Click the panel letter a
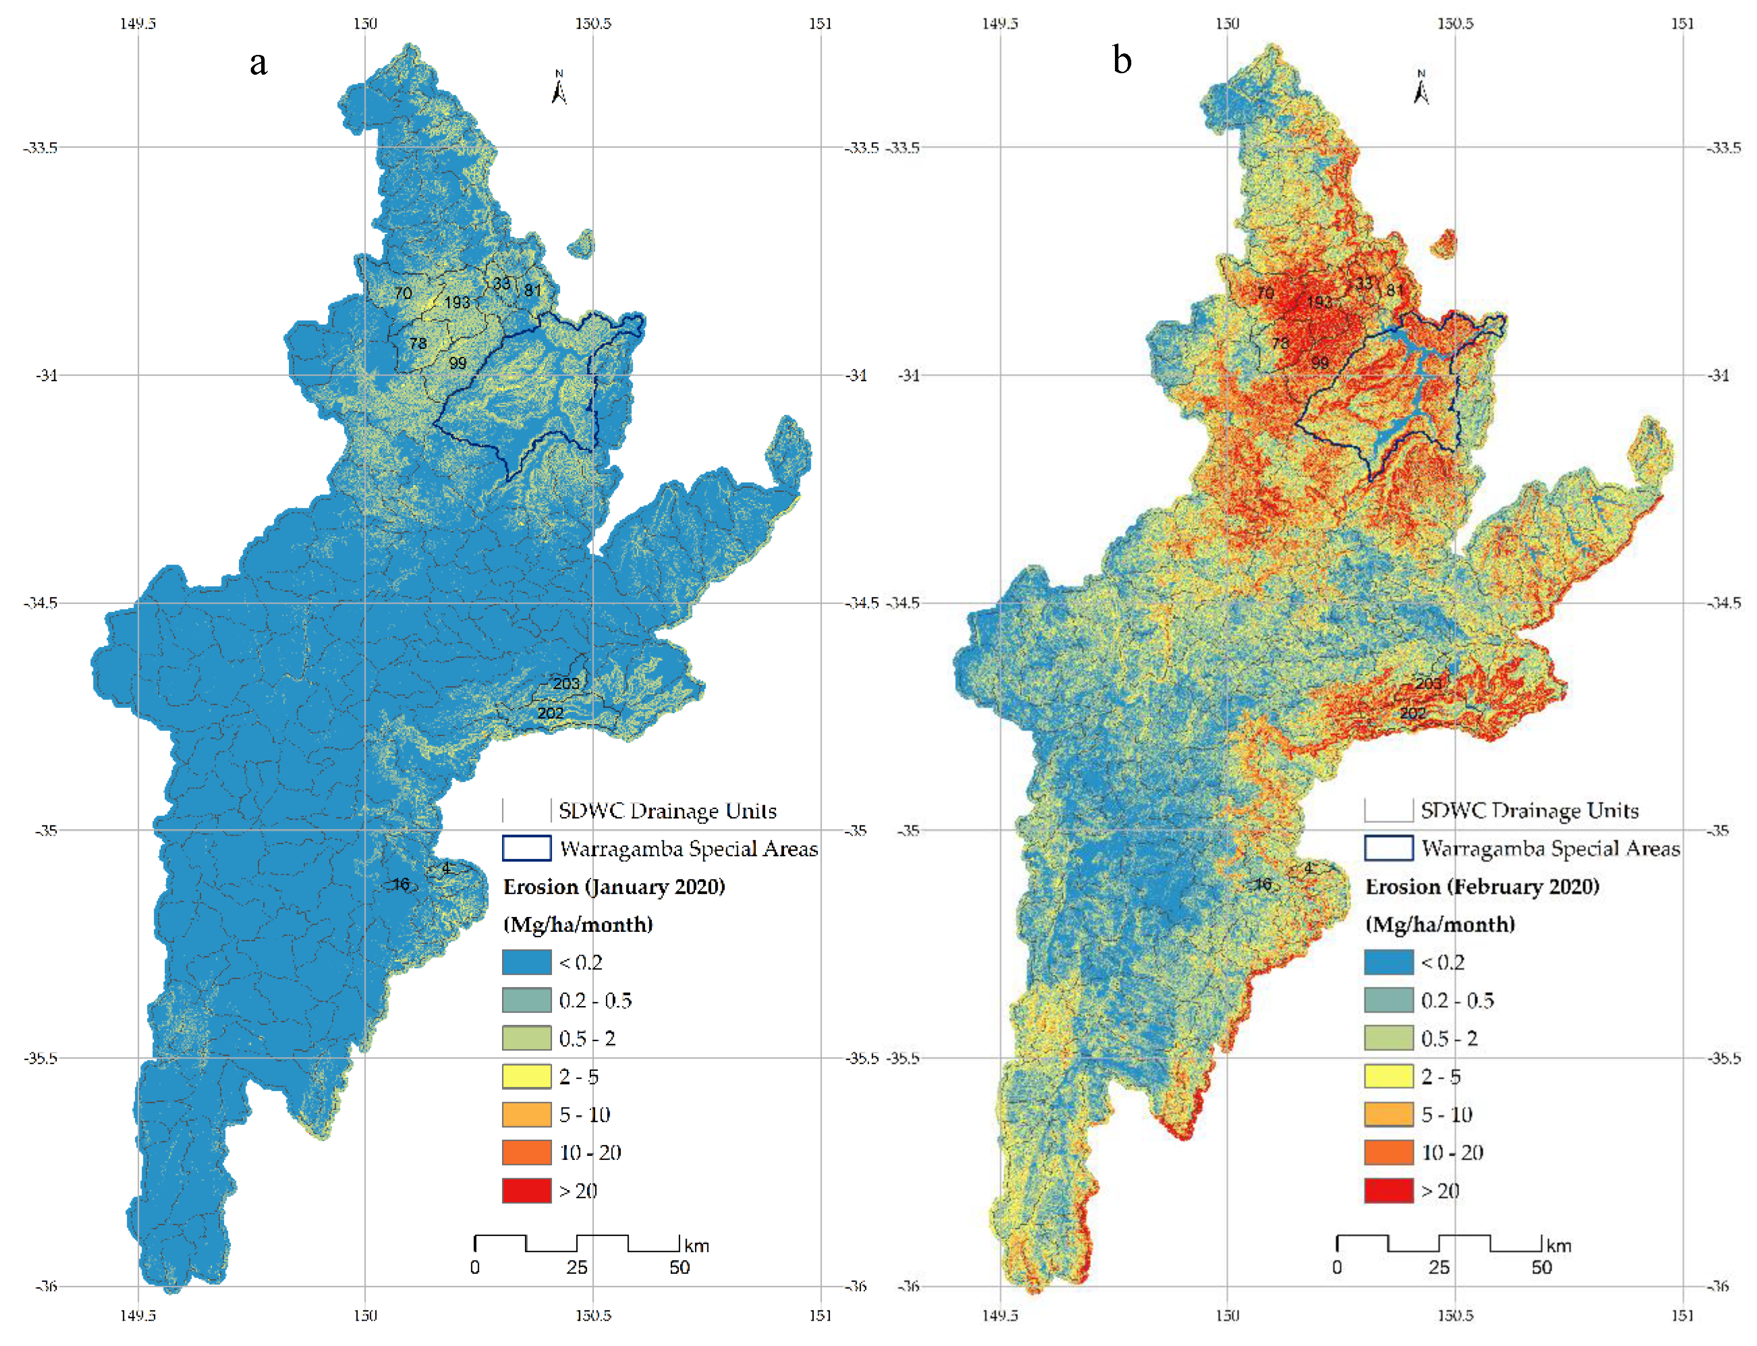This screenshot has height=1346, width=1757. (x=258, y=62)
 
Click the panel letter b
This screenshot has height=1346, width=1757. (x=1122, y=59)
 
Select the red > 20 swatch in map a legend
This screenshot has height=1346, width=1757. (x=526, y=1190)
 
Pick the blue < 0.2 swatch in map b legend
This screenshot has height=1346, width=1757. (x=1388, y=961)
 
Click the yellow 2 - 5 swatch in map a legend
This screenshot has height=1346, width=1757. (x=526, y=1076)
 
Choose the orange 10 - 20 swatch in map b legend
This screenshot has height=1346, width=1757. (x=1388, y=1152)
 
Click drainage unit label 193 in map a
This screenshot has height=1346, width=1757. (x=457, y=302)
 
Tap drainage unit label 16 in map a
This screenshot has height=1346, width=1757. (x=401, y=884)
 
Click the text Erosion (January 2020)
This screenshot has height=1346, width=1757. (x=613, y=886)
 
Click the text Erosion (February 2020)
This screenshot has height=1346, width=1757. (x=1481, y=886)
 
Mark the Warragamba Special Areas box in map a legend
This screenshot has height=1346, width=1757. (x=526, y=848)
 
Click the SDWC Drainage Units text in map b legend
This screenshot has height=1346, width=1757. (x=1529, y=810)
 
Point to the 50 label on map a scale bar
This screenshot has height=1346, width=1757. (x=679, y=1267)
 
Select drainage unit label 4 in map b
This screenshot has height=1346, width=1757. (x=1308, y=867)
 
